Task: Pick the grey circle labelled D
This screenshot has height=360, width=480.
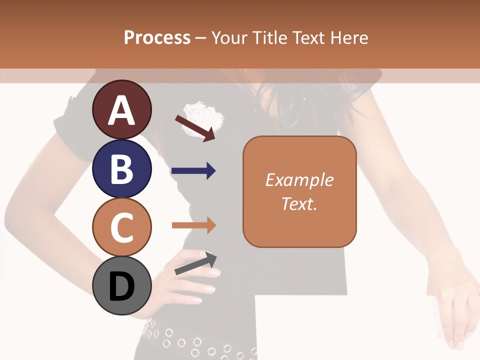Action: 121,285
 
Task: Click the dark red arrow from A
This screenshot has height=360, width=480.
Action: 195,128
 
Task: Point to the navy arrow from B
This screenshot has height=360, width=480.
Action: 193,171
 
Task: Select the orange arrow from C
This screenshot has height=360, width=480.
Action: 193,225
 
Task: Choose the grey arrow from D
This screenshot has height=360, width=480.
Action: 196,263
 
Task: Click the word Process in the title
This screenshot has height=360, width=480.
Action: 157,38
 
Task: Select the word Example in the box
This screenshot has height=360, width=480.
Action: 299,180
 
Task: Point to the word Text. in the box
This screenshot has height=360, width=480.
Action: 299,203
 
